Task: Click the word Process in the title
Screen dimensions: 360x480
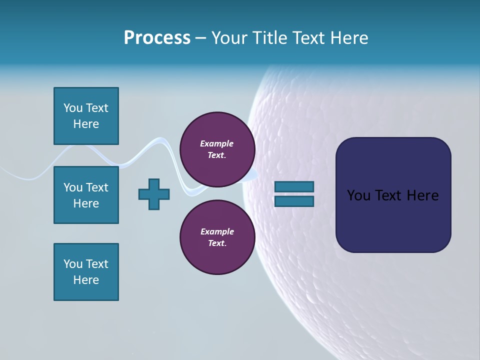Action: click(x=157, y=38)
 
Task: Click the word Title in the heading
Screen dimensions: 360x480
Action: click(x=270, y=38)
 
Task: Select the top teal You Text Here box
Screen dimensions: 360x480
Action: click(x=86, y=116)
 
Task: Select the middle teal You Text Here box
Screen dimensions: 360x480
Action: click(x=86, y=195)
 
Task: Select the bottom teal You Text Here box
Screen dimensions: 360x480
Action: click(x=86, y=272)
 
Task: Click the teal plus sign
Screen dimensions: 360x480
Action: click(x=154, y=194)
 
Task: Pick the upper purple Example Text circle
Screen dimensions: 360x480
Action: click(x=217, y=149)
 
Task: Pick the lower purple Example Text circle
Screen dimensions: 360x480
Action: click(x=217, y=237)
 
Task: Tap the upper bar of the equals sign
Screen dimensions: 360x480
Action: click(x=294, y=187)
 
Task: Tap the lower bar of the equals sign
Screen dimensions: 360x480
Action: click(x=294, y=201)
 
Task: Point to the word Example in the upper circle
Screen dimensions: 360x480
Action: click(x=216, y=143)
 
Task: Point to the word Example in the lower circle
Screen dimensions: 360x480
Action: click(x=216, y=231)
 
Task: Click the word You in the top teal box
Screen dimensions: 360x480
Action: click(x=73, y=108)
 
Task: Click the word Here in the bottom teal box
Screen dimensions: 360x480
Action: click(x=86, y=280)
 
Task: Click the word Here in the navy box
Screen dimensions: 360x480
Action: click(x=423, y=195)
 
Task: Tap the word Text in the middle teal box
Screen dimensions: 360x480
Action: click(x=97, y=187)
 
